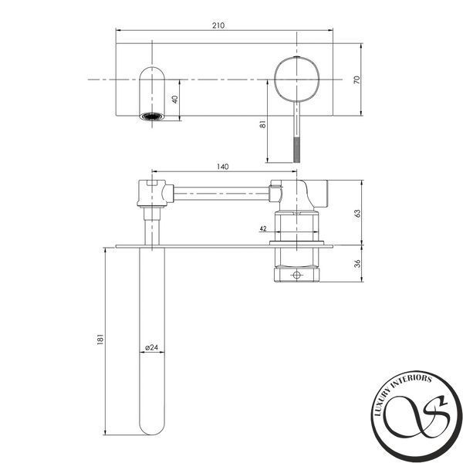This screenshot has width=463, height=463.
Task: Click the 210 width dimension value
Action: coord(218,25)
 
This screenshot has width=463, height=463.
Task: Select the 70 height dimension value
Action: coord(357,79)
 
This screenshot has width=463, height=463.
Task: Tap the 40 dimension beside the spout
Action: coord(175,100)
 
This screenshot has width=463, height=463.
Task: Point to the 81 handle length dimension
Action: coord(263,124)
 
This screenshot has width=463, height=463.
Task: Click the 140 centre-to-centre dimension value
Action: coord(223,167)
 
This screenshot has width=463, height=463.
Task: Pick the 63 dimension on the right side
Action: coord(357,214)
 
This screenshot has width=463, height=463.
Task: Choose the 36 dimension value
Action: coord(357,263)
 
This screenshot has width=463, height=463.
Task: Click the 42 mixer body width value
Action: coord(263,228)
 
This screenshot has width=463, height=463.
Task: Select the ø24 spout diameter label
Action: coord(151,347)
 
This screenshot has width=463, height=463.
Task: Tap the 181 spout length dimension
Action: coord(100,340)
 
